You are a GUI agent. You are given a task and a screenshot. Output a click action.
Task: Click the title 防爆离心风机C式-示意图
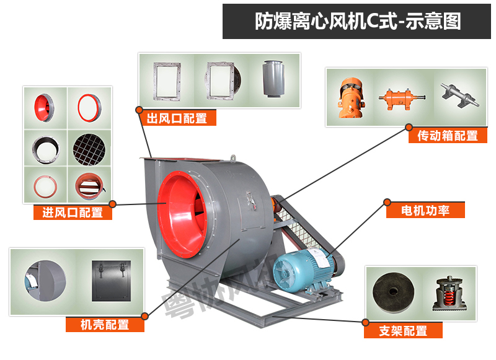click(358, 22)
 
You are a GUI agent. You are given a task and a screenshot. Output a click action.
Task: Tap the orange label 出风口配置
click(177, 118)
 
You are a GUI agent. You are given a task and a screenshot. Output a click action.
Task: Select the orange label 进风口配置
click(73, 213)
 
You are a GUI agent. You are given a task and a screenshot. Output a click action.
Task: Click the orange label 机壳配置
click(105, 324)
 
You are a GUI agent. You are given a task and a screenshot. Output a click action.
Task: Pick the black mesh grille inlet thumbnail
click(89, 146)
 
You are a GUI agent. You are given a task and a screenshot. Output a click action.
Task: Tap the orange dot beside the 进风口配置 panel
click(113, 204)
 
